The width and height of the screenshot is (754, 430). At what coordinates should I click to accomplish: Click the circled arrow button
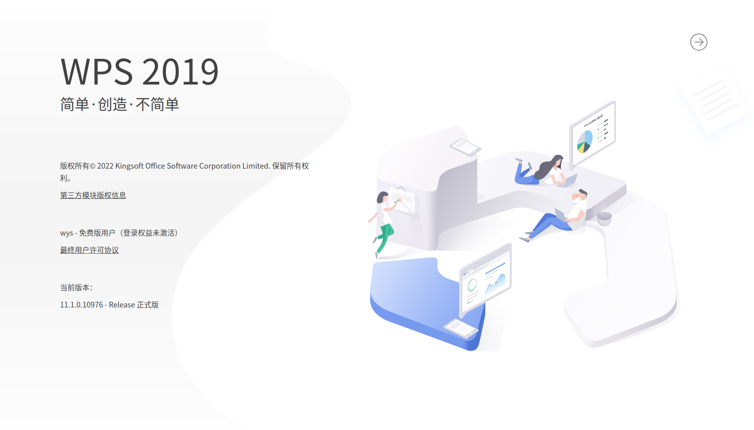[x=698, y=42]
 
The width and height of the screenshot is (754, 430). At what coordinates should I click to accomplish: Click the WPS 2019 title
[x=140, y=72]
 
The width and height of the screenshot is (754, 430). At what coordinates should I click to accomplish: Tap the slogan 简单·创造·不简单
[x=120, y=105]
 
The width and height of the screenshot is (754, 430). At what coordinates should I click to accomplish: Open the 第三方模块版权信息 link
[x=93, y=195]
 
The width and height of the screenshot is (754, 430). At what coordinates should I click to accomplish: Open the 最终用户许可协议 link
[x=89, y=250]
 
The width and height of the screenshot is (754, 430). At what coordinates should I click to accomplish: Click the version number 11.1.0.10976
[x=81, y=305]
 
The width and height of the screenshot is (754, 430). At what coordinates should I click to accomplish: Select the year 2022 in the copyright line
[x=105, y=166]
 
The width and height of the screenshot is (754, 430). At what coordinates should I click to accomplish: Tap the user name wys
[x=67, y=233]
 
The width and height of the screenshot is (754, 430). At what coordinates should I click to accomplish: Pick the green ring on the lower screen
[x=472, y=285]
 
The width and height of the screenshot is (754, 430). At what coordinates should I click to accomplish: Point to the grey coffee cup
[x=604, y=218]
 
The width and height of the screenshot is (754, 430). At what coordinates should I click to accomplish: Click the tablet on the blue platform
[x=461, y=328]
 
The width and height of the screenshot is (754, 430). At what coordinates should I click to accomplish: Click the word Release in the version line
[x=122, y=305]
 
